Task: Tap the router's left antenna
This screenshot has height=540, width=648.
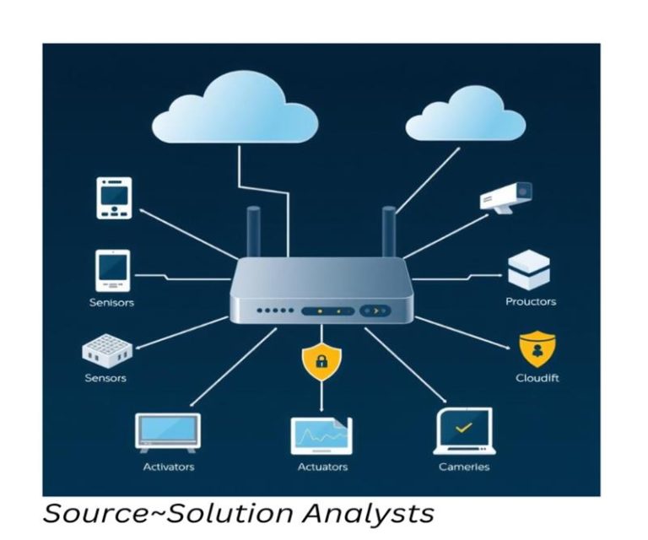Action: point(253,231)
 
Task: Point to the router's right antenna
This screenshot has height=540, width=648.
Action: point(389,231)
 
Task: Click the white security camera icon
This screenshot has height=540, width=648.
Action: point(507,197)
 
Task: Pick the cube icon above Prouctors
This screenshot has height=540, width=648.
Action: point(530,270)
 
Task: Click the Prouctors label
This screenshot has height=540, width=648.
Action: point(531,302)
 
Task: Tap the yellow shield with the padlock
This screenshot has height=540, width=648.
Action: point(321,361)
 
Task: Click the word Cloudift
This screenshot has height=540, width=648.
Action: point(537,378)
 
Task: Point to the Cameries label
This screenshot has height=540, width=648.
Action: point(463,467)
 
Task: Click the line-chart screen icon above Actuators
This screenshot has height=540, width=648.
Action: point(321,435)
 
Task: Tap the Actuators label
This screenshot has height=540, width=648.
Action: point(321,467)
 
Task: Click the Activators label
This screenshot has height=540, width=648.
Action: point(169,467)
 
